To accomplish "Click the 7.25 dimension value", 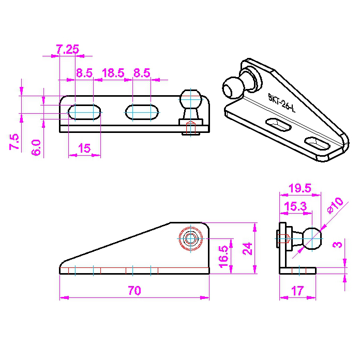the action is coord(67,49).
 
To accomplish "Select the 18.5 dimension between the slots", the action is coord(113,73).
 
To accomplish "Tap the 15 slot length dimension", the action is coord(84,148).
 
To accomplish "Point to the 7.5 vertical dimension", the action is coord(14,142).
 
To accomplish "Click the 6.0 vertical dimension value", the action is coord(36,147).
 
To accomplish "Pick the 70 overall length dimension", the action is coord(134,291).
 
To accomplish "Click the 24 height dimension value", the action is coord(248,249).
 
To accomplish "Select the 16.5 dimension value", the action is coord(223,257).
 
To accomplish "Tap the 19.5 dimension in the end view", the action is coord(300,188).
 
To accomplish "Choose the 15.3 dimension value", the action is coord(295,206).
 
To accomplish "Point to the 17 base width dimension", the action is coord(297,291).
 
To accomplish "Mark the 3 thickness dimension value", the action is coord(337,244).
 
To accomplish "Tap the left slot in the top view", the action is coord(84,112).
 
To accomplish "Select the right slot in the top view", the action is coord(142,112).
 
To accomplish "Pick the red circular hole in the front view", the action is coord(191,239).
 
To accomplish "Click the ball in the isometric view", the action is coord(233,88).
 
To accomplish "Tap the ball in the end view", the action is coord(312,238).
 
